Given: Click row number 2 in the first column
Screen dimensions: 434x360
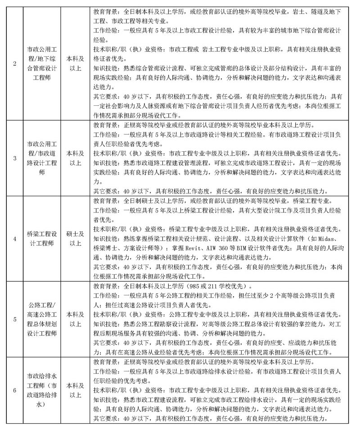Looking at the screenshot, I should point(15,63).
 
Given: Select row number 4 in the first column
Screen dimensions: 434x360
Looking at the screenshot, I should point(15,239).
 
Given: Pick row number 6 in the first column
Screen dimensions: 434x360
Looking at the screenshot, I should point(15,390).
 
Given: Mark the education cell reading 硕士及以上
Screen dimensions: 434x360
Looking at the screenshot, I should point(75,239).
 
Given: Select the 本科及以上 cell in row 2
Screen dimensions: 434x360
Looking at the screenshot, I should point(75,63).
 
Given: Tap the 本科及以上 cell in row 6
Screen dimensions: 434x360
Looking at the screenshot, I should point(75,390).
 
